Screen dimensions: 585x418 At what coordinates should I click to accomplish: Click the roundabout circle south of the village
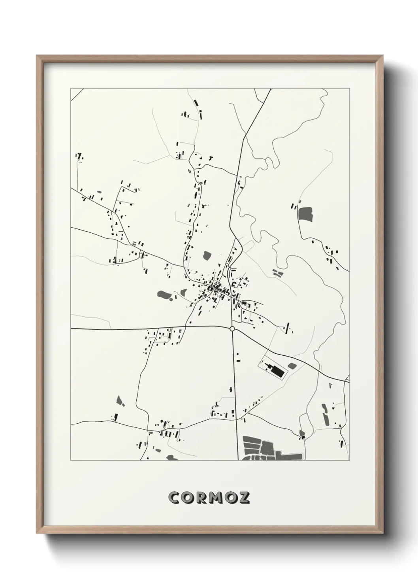coord(232,328)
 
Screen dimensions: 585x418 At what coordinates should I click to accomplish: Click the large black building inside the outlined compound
coord(278,372)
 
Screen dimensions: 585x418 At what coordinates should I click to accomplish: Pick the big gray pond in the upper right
coord(305,214)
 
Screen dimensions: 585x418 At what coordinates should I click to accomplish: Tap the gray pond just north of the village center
coord(207,255)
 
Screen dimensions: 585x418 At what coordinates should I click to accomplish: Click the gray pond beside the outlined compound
coord(292,366)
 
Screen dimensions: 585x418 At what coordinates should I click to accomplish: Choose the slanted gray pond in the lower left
coord(120,401)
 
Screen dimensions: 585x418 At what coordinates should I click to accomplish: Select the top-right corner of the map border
coord(350,89)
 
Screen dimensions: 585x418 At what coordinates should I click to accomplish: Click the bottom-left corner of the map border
coord(71,460)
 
